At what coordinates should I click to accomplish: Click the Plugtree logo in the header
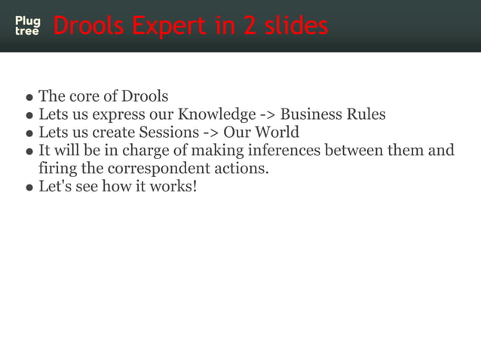[x=27, y=26]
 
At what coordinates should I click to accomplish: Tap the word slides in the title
[x=286, y=26]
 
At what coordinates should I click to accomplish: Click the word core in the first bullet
[x=81, y=97]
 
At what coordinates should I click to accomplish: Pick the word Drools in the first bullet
[x=142, y=97]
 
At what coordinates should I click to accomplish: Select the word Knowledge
[x=216, y=115]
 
